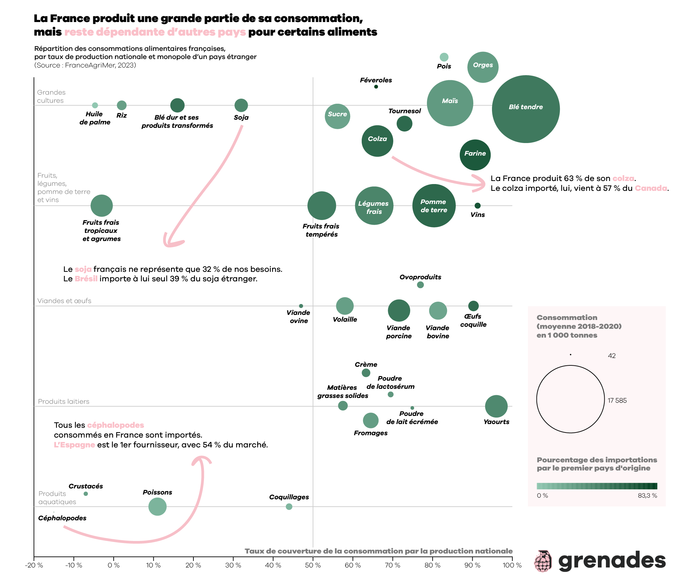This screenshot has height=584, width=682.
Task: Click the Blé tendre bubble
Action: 526,109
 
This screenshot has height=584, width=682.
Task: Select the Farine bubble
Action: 475,155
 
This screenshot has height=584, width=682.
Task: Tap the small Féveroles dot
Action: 376,87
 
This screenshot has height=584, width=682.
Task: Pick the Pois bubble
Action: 444,57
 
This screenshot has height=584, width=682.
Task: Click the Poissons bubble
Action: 157,507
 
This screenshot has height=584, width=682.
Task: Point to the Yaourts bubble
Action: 496,406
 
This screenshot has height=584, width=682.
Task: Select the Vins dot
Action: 477,206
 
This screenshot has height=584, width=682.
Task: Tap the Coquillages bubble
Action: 289,507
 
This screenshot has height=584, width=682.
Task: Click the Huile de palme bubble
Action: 95,105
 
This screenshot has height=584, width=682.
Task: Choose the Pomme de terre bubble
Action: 434,206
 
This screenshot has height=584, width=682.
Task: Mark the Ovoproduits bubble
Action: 420,285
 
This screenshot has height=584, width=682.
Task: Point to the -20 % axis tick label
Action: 34,565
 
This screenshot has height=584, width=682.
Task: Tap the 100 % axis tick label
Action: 512,565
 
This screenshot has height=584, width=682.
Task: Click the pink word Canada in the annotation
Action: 651,188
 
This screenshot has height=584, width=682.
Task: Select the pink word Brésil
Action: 86,279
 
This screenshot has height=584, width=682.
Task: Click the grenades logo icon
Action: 543,561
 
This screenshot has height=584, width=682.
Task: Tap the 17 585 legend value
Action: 617,401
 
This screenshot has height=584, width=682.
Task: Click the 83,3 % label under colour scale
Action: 647,496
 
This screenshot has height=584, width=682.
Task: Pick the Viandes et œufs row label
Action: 64,301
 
